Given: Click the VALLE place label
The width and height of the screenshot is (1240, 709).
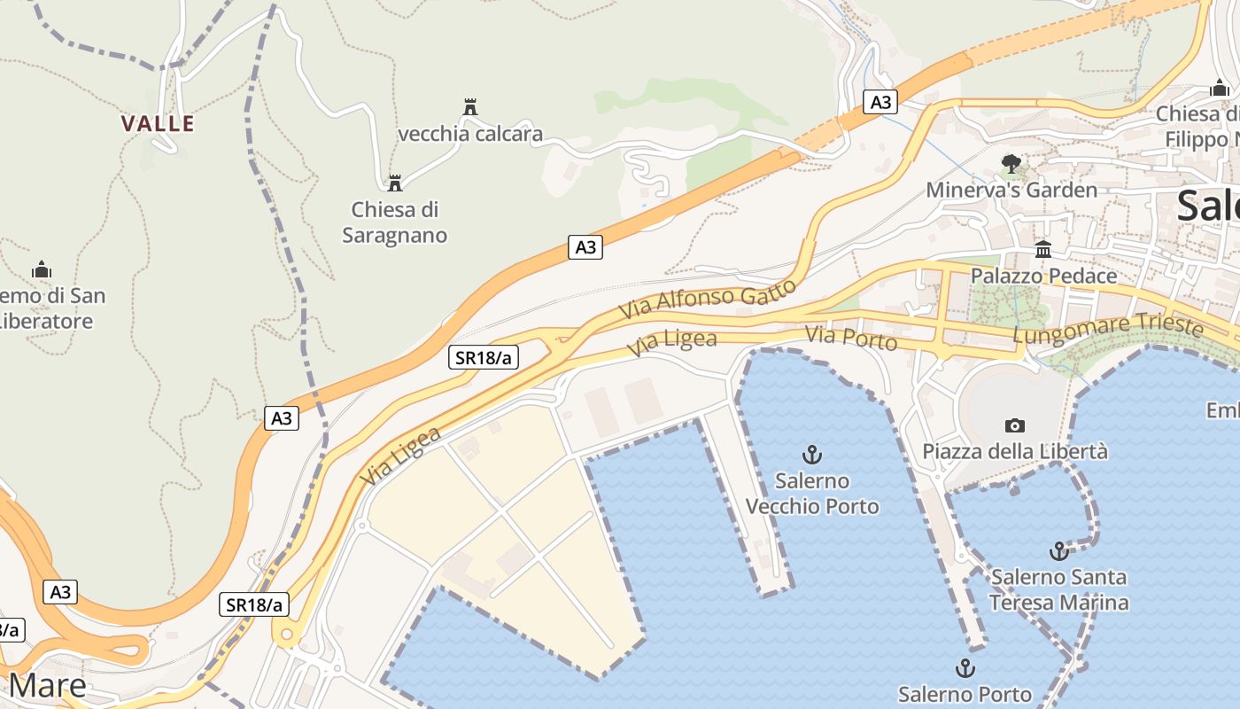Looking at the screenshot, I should pyautogui.click(x=158, y=123).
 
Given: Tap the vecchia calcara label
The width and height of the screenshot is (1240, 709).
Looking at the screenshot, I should pyautogui.click(x=470, y=135).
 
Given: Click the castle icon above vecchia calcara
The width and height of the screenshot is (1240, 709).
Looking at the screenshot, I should pyautogui.click(x=470, y=107).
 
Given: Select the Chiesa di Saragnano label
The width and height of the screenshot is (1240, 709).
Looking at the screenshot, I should pyautogui.click(x=395, y=222).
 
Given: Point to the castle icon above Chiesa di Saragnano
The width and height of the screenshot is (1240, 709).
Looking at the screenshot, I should pyautogui.click(x=395, y=183).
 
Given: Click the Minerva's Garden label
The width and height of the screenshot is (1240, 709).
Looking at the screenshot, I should pyautogui.click(x=1011, y=191).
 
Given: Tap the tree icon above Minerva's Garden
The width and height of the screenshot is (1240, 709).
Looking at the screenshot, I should pyautogui.click(x=1011, y=164).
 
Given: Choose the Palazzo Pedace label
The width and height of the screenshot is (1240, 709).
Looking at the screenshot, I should pyautogui.click(x=1043, y=277).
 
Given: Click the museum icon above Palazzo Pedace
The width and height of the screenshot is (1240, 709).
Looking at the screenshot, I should pyautogui.click(x=1043, y=250).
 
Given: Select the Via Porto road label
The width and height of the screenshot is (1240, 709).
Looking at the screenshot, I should pyautogui.click(x=851, y=338).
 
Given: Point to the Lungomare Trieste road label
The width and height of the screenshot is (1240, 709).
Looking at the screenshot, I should pyautogui.click(x=1108, y=330).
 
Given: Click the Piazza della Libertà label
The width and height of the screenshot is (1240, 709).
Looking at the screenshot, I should pyautogui.click(x=1015, y=452).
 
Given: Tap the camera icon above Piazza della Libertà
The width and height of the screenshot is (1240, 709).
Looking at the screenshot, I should pyautogui.click(x=1015, y=426).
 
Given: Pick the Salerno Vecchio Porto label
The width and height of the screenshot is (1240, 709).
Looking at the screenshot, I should pyautogui.click(x=812, y=494).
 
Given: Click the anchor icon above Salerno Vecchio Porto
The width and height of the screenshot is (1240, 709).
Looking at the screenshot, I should pyautogui.click(x=812, y=456).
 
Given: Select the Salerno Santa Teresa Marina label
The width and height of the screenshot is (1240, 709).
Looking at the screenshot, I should pyautogui.click(x=1058, y=590).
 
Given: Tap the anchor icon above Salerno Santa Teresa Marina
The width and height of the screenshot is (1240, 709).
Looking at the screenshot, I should pyautogui.click(x=1058, y=551).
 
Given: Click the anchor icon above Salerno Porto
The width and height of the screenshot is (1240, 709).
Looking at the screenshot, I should pyautogui.click(x=965, y=668).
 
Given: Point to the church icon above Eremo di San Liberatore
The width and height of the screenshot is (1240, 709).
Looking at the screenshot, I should pyautogui.click(x=41, y=269).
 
